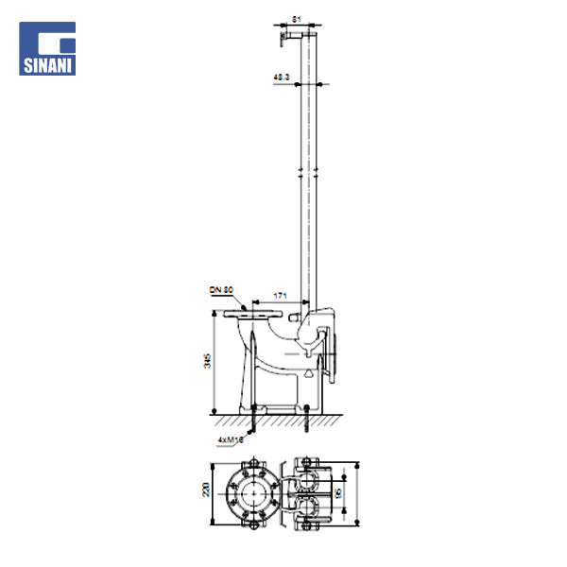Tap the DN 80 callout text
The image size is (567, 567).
click(221, 290)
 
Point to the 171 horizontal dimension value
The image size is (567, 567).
click(279, 297)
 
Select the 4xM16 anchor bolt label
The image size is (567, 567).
click(230, 440)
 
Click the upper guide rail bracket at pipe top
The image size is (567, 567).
click(288, 36)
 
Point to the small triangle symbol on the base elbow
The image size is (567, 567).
click(307, 372)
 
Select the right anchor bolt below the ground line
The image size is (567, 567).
click(309, 423)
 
